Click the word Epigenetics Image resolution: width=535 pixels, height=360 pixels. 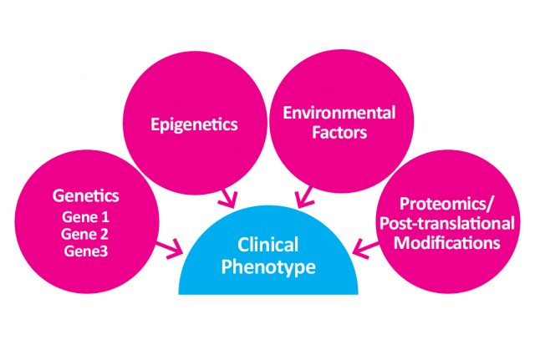[x=193, y=124]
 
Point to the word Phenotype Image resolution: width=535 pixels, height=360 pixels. [x=267, y=268]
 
